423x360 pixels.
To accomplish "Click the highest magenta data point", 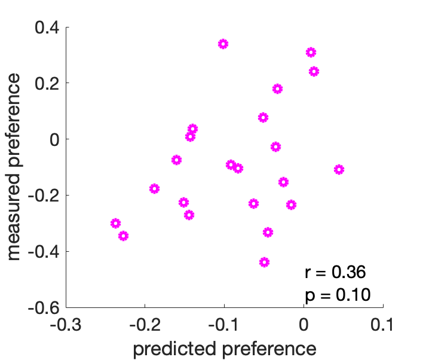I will point(223,44).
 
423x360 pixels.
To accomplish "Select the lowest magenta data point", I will point(264,262).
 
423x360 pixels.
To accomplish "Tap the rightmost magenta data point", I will point(339,170).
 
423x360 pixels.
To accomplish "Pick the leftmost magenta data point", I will point(116,224).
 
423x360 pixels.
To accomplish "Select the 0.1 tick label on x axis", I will point(382,325).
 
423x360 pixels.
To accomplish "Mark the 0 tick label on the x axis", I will point(304,325).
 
